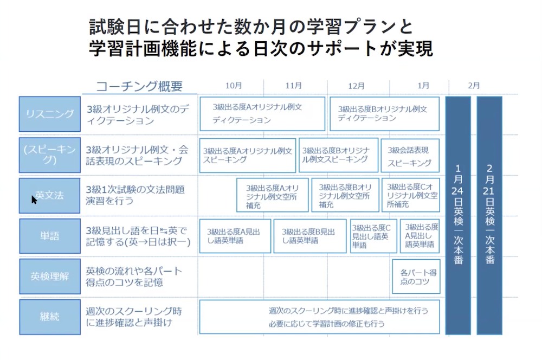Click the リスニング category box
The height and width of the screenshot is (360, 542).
click(x=50, y=114)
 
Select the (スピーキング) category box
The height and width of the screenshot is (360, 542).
click(x=50, y=155)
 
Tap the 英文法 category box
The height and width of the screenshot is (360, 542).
click(x=50, y=195)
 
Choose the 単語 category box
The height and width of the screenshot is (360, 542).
click(x=50, y=236)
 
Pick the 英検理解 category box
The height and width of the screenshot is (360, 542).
click(x=50, y=277)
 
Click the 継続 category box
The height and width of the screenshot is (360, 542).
click(x=50, y=317)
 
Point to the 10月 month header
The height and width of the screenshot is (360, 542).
click(x=234, y=86)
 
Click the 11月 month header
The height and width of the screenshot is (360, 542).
click(x=293, y=86)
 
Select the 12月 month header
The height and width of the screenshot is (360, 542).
click(x=356, y=86)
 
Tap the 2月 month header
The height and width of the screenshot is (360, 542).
click(x=474, y=86)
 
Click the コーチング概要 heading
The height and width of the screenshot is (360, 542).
click(x=139, y=86)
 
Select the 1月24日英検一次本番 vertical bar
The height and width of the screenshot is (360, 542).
click(x=458, y=215)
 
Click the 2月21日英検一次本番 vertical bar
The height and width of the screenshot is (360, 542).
click(x=489, y=215)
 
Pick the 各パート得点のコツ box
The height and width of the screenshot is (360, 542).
click(x=416, y=277)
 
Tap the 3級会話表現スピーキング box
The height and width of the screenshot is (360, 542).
click(x=410, y=156)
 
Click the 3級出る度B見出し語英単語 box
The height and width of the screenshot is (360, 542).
click(x=310, y=236)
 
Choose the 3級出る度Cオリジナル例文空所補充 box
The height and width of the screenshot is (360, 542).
click(x=411, y=195)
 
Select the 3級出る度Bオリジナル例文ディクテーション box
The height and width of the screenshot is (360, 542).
click(x=385, y=114)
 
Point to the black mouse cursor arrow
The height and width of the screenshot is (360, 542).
click(x=34, y=200)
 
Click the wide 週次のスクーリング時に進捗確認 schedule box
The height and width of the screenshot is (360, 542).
click(x=320, y=317)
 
